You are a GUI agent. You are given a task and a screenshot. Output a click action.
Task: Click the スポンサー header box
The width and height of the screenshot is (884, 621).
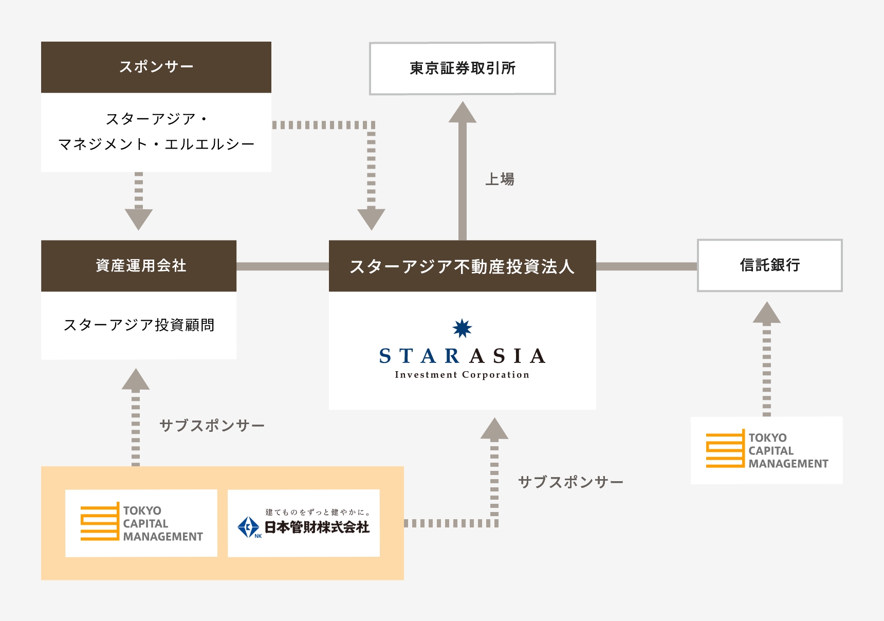[156, 67]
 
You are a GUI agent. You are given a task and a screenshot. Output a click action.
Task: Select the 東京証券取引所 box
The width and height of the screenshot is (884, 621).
[462, 68]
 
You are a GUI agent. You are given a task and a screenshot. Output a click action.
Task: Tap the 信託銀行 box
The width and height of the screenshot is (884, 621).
[769, 265]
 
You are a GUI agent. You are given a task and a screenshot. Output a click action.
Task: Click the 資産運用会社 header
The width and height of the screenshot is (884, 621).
[139, 266]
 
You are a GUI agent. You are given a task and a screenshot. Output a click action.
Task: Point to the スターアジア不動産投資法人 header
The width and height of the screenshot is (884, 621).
[462, 266]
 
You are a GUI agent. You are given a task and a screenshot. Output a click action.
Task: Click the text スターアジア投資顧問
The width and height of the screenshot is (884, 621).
[139, 325]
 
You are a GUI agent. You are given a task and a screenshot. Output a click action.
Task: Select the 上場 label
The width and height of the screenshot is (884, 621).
[500, 179]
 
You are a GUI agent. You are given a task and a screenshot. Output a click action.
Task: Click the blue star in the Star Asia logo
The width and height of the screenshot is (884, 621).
[462, 328]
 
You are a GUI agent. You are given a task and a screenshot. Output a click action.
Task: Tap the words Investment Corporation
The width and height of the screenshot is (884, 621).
[462, 375]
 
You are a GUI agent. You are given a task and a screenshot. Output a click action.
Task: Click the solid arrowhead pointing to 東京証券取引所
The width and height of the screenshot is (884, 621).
[462, 113]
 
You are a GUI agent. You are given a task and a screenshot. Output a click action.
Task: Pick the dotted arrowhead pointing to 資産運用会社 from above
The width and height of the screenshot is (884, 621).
[139, 218]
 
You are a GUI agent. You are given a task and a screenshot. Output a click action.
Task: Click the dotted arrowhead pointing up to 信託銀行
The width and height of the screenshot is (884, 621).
[766, 313]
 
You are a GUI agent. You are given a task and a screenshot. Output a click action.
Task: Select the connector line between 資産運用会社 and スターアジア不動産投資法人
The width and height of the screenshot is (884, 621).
[282, 266]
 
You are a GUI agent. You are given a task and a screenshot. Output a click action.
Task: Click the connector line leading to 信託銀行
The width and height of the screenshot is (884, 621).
[646, 266]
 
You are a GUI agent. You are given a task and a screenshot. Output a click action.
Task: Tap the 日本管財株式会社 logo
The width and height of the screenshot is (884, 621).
[304, 523]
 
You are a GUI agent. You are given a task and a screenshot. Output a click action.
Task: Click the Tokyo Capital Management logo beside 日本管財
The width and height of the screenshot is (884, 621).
[141, 523]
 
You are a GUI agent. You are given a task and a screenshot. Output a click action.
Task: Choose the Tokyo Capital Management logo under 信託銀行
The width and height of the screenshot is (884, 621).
[766, 450]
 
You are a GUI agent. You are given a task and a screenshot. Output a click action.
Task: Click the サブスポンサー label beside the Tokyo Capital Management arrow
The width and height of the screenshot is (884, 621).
[212, 426]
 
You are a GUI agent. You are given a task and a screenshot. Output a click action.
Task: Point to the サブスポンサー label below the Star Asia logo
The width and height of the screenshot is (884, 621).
[570, 482]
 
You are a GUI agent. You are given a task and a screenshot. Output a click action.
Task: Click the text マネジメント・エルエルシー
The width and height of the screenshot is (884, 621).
[156, 144]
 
